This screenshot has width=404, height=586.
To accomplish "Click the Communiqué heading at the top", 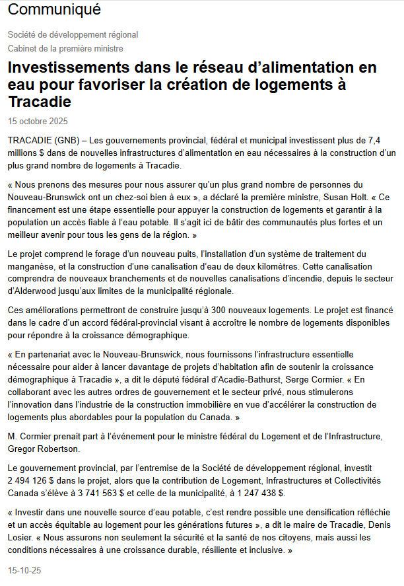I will click(54, 10).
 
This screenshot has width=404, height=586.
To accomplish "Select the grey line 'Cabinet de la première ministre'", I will click(65, 48).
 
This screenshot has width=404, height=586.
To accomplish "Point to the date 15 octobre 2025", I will click(38, 121).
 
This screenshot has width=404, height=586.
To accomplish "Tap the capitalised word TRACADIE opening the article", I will click(30, 141).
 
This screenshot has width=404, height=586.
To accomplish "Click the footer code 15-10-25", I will click(24, 569).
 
